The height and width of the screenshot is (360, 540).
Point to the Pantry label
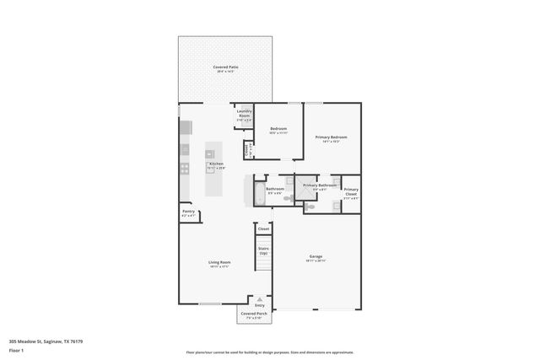coord(188,212)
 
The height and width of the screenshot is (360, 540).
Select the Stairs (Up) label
coord(263,250)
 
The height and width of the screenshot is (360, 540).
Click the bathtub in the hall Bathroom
coord(259,192)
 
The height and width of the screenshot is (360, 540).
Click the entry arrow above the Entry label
coord(260,299)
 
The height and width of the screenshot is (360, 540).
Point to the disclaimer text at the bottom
coord(270,352)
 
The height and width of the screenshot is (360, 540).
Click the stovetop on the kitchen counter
coord(184,149)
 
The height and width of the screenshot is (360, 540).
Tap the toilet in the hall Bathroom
coord(285,199)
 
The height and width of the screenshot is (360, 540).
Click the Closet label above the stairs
coord(263,228)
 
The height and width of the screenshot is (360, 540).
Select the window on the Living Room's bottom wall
coord(210,304)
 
